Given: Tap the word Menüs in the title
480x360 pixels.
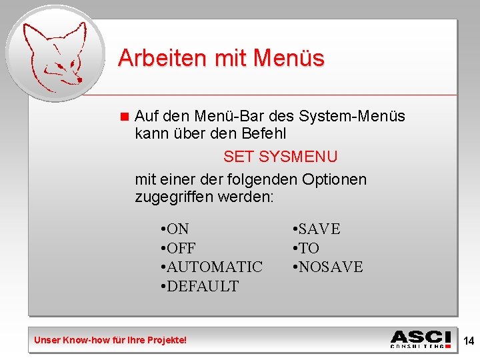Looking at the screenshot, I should point(289,58).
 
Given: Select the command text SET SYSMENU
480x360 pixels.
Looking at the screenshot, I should point(280,157).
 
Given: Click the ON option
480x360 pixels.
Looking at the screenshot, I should point(175,229).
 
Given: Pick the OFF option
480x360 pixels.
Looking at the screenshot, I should point(178,248).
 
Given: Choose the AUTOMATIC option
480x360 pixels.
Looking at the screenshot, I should point(212,267).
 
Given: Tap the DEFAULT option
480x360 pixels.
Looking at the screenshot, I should point(200,286).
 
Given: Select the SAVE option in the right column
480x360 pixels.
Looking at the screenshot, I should point(317,229).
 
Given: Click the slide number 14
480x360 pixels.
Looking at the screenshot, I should point(469,341).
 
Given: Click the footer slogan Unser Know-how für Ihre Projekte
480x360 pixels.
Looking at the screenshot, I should point(111,341).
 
